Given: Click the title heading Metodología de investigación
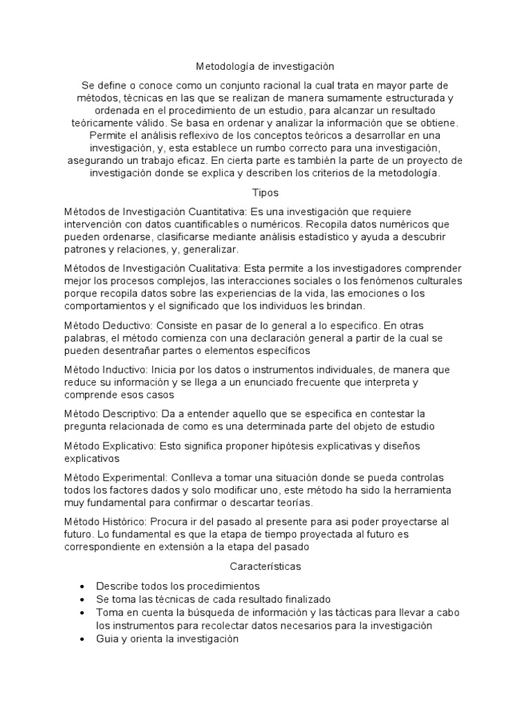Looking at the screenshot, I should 265,67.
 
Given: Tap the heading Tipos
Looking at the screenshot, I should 265,192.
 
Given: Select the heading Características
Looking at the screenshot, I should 265,566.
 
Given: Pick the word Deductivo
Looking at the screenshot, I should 129,324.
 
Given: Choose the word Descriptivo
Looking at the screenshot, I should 132,413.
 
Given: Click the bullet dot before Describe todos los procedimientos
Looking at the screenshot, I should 83,586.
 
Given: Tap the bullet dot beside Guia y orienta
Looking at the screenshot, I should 83,640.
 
